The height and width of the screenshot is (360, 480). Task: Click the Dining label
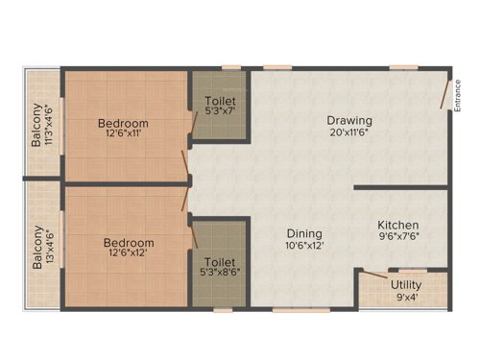coord(303,232)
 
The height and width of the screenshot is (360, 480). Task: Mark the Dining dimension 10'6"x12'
coord(303,246)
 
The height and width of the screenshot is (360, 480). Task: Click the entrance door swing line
coord(443,93)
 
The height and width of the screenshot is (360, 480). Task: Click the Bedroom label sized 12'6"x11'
coord(125,124)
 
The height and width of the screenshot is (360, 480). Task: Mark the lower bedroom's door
coord(185,200)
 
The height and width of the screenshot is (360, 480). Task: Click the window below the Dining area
coord(293,309)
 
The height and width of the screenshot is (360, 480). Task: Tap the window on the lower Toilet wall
coord(223,309)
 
